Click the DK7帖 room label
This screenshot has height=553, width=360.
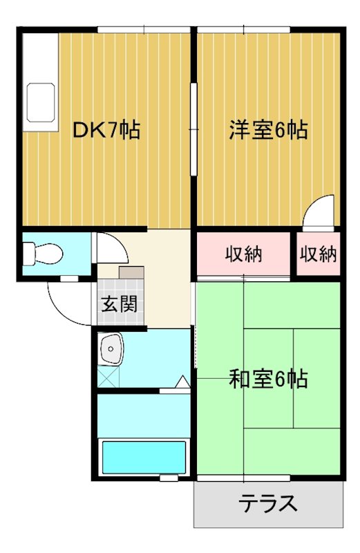click(106, 129)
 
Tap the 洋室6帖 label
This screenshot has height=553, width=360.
click(268, 129)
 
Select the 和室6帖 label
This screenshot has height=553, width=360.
click(268, 379)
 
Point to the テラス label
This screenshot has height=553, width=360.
click(268, 503)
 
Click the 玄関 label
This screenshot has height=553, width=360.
click(120, 303)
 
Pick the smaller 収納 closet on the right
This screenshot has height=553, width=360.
click(318, 254)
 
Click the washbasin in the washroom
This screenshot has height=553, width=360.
click(111, 349)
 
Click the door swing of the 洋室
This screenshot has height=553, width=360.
click(319, 210)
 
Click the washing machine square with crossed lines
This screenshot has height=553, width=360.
click(108, 377)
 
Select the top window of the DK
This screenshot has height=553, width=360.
click(143, 29)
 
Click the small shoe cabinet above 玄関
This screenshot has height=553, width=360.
click(131, 271)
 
